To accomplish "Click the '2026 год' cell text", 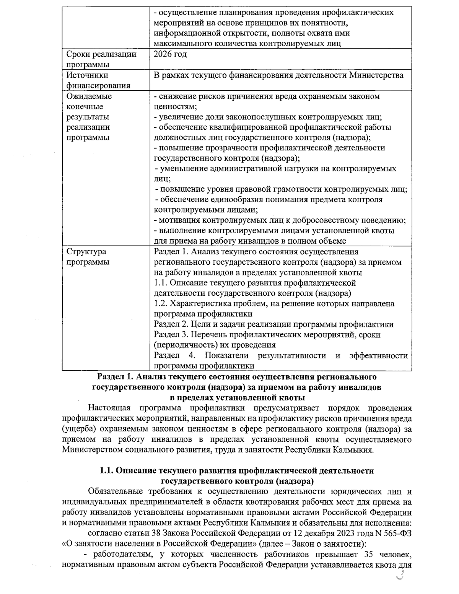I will tap(170, 54).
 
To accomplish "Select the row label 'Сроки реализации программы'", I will tap(101, 59).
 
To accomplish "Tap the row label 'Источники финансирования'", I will tap(98, 80).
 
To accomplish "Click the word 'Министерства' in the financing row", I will tap(376, 75).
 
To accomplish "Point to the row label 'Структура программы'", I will tap(88, 257).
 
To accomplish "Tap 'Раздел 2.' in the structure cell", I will tap(170, 324).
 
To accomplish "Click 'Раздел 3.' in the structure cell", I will tap(170, 335).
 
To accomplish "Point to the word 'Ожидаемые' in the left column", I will tap(89, 96).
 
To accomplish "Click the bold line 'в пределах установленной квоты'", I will tap(237, 397).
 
